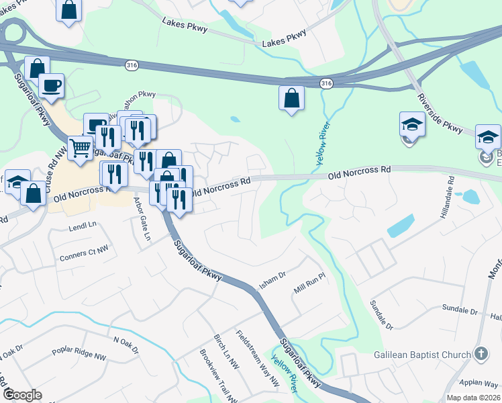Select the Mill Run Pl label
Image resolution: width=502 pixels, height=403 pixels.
point(309,289)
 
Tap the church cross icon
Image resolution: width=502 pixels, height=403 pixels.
point(481,354)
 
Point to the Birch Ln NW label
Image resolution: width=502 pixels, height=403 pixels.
point(225,352)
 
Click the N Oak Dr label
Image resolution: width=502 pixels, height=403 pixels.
point(125,345)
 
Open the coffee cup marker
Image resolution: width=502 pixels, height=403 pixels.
point(52,86)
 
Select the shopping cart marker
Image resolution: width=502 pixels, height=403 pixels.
point(81,148)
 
